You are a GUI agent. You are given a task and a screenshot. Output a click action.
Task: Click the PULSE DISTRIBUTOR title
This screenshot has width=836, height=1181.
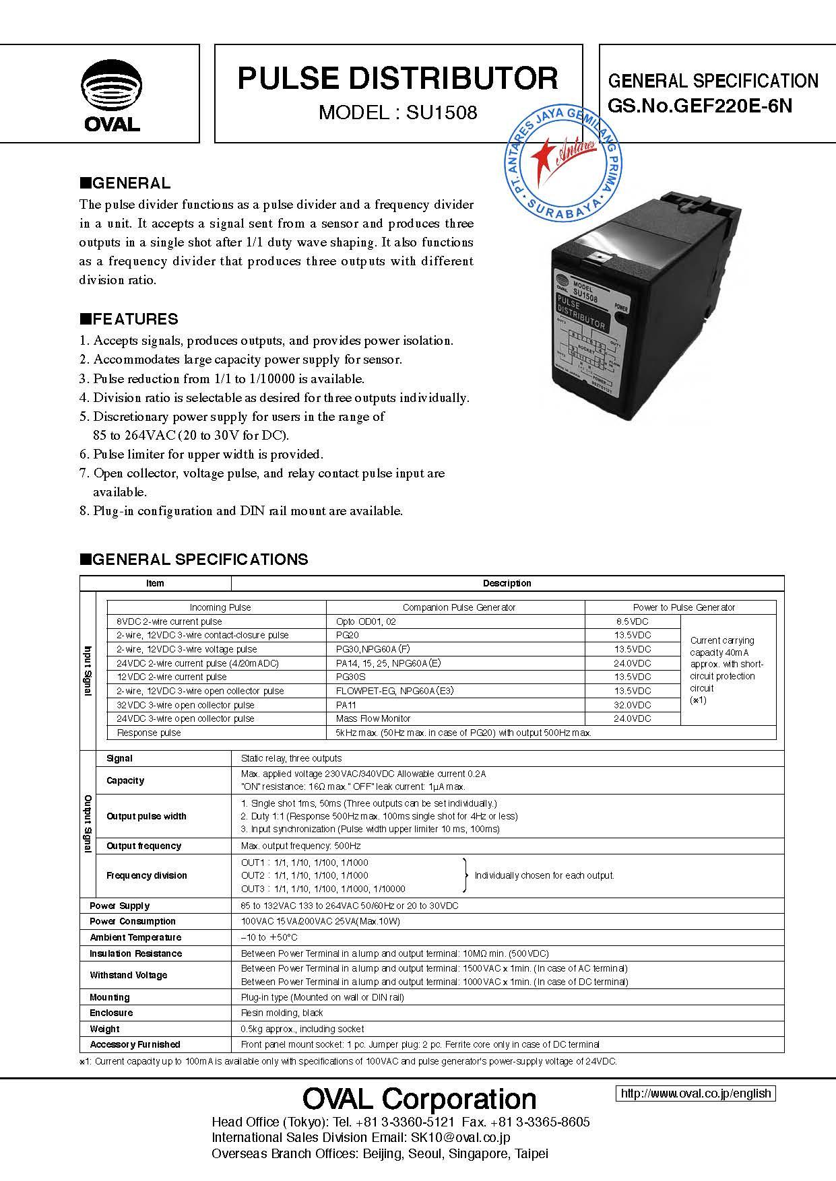coord(397,79)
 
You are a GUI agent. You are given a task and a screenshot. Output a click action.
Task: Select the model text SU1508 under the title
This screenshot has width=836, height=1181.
coord(441,112)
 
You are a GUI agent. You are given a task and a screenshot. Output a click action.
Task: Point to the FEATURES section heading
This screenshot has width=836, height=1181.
coord(129,319)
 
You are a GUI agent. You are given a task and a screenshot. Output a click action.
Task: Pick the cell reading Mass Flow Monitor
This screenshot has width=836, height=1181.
coord(373,718)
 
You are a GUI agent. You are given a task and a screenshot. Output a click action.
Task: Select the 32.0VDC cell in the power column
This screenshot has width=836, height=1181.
coord(633,705)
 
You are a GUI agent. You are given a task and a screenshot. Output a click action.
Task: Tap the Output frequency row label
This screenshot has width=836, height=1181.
coord(143,846)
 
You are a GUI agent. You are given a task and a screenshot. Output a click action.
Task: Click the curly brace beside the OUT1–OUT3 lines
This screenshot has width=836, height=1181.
coord(465,875)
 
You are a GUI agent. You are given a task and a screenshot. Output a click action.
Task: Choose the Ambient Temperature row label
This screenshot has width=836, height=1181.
coord(135,937)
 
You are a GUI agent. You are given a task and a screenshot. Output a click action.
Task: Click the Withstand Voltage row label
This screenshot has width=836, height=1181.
coord(128,975)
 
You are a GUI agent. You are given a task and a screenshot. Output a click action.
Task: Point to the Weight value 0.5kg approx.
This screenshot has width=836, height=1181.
coord(302,1029)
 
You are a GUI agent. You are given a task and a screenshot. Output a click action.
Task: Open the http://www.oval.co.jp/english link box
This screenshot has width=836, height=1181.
coord(695,1093)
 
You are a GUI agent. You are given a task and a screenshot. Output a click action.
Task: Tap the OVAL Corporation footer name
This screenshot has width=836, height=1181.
coord(419,1099)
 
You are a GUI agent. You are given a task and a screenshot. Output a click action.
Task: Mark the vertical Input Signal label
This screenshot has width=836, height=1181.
coord(88,671)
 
